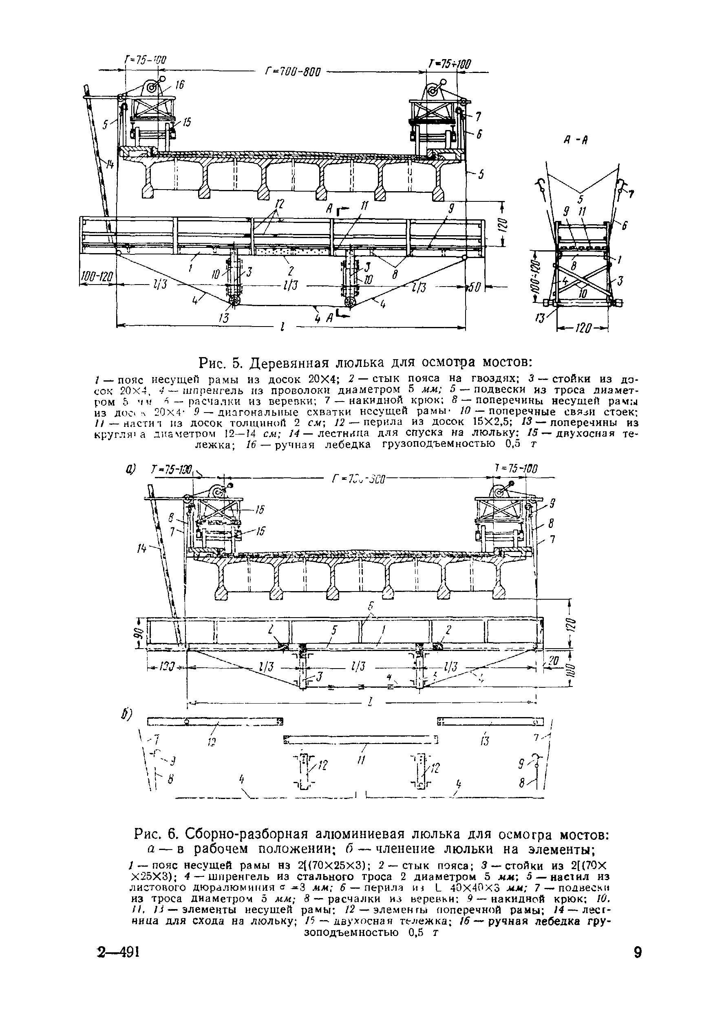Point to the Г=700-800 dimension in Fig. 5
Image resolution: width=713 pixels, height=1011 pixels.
tap(293, 71)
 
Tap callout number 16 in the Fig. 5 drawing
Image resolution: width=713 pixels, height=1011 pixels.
tap(179, 85)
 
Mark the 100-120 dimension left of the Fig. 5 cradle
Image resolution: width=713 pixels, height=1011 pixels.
tap(97, 276)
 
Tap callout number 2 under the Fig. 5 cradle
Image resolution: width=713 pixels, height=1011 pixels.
tap(291, 270)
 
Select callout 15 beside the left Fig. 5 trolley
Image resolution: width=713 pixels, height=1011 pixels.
tap(187, 122)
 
